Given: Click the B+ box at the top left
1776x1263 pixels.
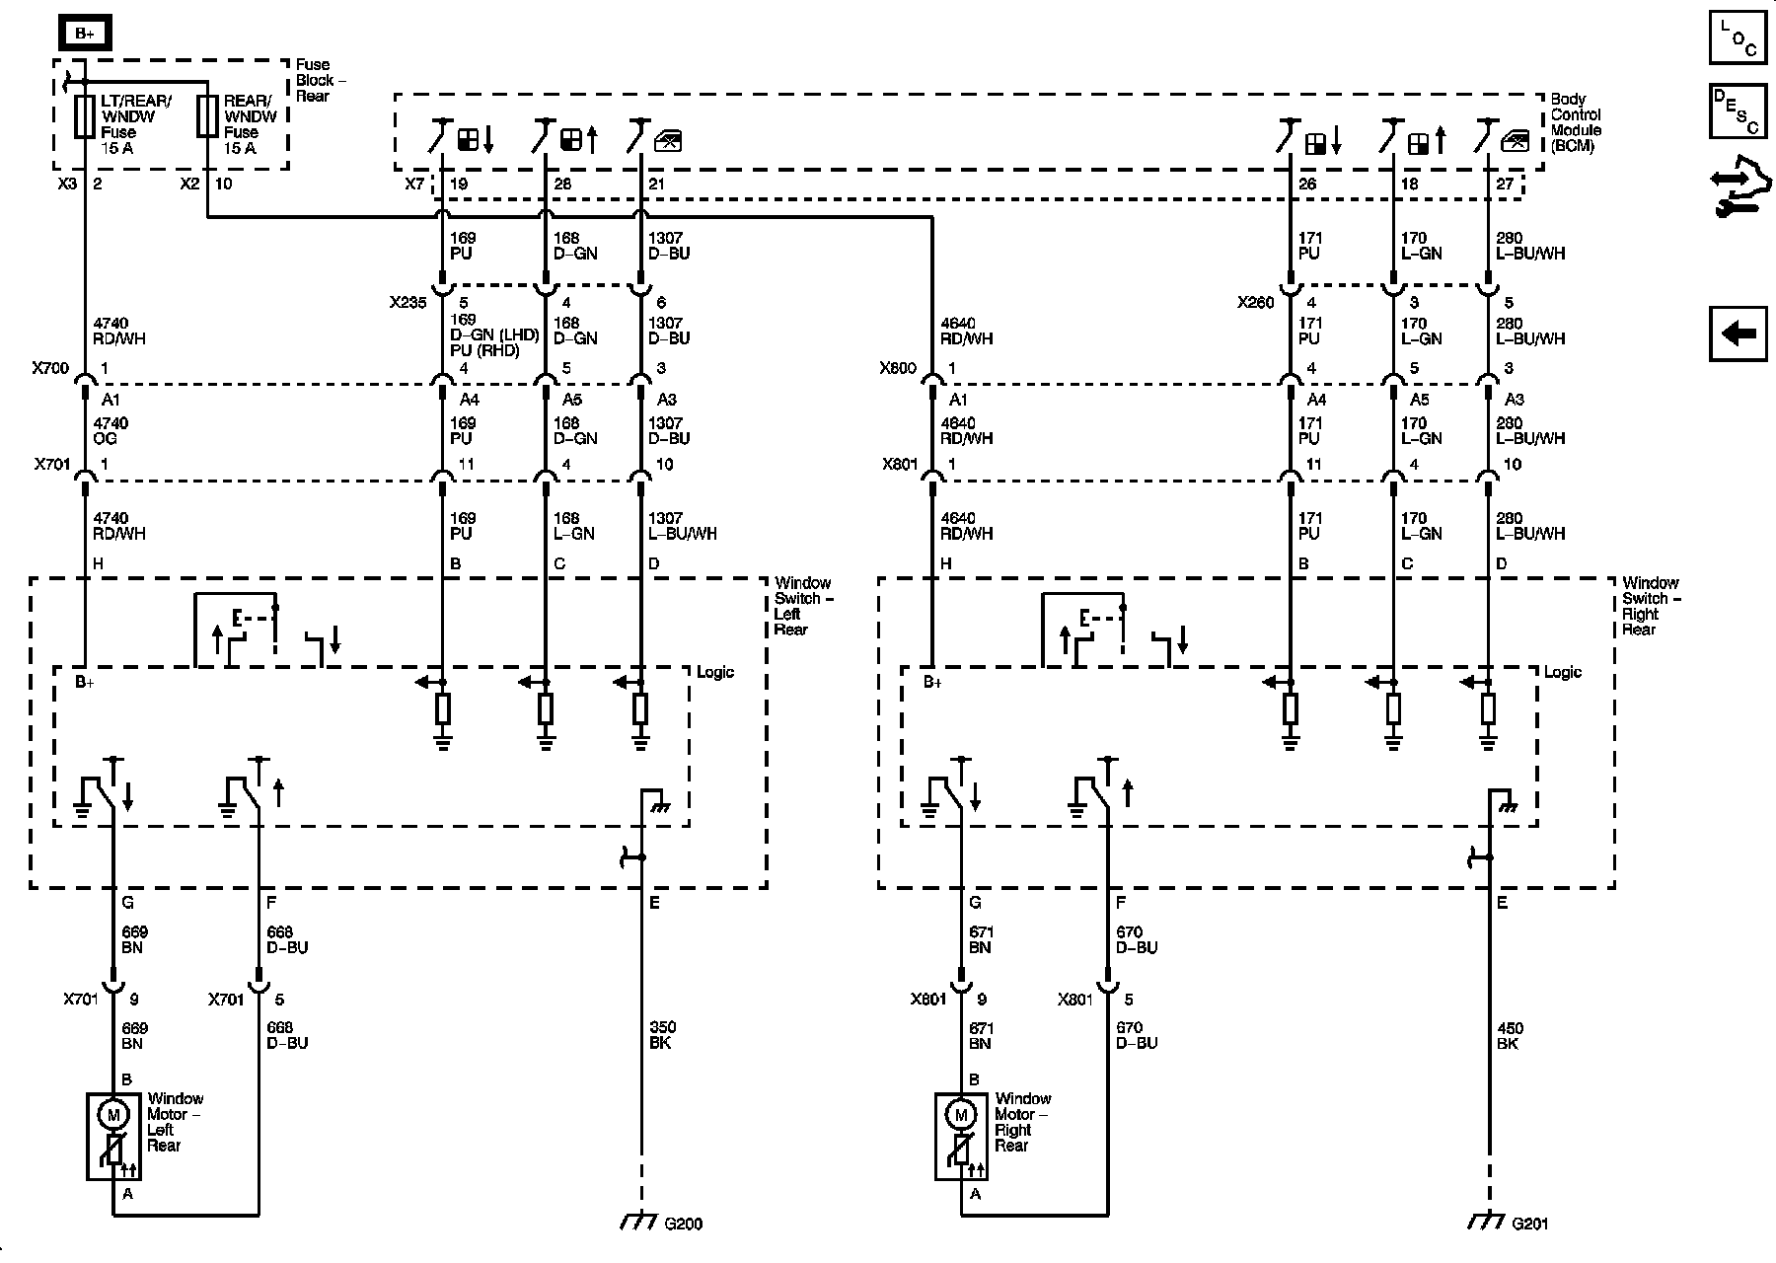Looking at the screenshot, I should pyautogui.click(x=84, y=34).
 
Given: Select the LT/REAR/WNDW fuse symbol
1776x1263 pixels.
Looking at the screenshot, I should pyautogui.click(x=85, y=116).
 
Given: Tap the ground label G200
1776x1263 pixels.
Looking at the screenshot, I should pyautogui.click(x=683, y=1225).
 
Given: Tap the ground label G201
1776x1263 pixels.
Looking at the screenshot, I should pyautogui.click(x=1530, y=1225).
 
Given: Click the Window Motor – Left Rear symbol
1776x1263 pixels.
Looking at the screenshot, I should pyautogui.click(x=112, y=1136).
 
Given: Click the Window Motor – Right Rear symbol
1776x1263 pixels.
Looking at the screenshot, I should pyautogui.click(x=960, y=1136).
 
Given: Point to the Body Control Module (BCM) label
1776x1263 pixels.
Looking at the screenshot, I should pyautogui.click(x=1576, y=122).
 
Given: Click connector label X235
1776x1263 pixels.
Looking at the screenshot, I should pyautogui.click(x=407, y=303).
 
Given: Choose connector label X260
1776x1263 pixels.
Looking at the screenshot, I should pyautogui.click(x=1256, y=303).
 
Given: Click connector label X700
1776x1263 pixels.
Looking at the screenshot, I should pyautogui.click(x=50, y=369).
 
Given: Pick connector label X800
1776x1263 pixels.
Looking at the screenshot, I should pyautogui.click(x=898, y=369).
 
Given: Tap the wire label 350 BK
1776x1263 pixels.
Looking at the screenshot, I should pyautogui.click(x=662, y=1035).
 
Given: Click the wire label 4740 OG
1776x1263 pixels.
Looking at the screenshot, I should pyautogui.click(x=111, y=431).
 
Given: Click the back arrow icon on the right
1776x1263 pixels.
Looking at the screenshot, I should pyautogui.click(x=1738, y=334).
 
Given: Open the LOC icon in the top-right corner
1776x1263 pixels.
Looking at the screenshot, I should pyautogui.click(x=1738, y=37).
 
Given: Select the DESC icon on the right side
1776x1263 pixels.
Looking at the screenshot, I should pyautogui.click(x=1738, y=111).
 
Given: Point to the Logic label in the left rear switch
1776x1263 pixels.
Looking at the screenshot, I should pyautogui.click(x=715, y=673).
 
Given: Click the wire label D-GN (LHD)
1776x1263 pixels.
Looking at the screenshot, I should pyautogui.click(x=494, y=335).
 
